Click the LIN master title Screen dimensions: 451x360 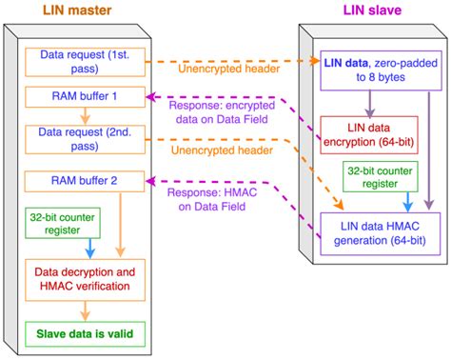click(x=77, y=10)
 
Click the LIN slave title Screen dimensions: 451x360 click(x=372, y=10)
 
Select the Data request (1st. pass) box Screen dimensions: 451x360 click(x=85, y=62)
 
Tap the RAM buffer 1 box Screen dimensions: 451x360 click(x=85, y=97)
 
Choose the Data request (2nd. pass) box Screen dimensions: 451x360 click(x=85, y=140)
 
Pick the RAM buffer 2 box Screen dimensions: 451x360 click(x=85, y=181)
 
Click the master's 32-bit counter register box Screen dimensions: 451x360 click(x=63, y=223)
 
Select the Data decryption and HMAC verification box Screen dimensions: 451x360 click(x=85, y=280)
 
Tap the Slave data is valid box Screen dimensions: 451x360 click(x=85, y=334)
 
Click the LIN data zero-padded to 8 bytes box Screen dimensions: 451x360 click(x=381, y=70)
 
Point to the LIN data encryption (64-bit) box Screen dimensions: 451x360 click(x=369, y=135)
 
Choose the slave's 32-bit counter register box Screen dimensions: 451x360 click(x=381, y=176)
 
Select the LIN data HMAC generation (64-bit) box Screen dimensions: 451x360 click(x=381, y=233)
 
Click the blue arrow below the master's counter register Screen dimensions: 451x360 click(x=90, y=249)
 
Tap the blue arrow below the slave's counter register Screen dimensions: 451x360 click(x=408, y=202)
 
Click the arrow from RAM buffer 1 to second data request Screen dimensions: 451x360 click(x=85, y=116)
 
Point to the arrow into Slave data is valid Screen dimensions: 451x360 click(x=85, y=311)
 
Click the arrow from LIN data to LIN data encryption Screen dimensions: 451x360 click(x=370, y=104)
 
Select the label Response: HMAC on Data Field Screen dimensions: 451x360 click(x=212, y=199)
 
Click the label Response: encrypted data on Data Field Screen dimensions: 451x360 click(x=222, y=112)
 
